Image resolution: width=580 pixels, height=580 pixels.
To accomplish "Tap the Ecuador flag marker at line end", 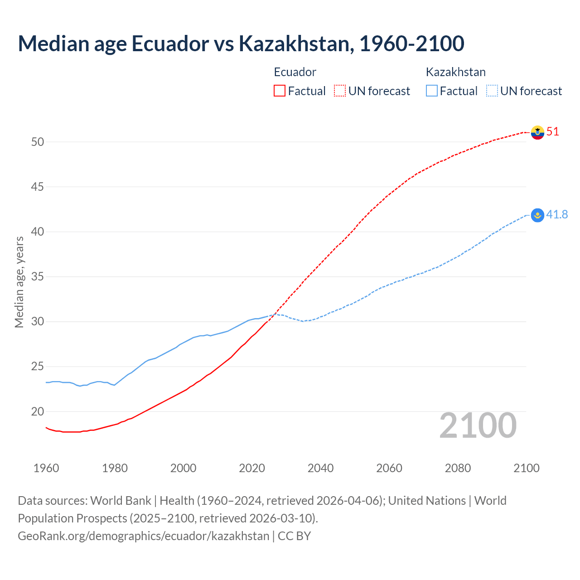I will pyautogui.click(x=537, y=132).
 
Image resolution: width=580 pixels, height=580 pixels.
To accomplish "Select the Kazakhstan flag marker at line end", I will pyautogui.click(x=537, y=215).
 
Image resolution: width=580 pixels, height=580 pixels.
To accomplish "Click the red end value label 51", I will pyautogui.click(x=553, y=132).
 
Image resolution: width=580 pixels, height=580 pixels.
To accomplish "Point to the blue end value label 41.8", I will pyautogui.click(x=557, y=214).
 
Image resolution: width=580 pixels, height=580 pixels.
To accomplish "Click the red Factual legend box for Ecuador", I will pyautogui.click(x=280, y=91).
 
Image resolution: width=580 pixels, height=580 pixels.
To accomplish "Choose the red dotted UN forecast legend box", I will pyautogui.click(x=340, y=91).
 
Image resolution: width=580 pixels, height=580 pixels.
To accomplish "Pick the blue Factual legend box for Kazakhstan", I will pyautogui.click(x=432, y=91).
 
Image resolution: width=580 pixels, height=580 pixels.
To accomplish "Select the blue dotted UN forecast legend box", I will pyautogui.click(x=492, y=91).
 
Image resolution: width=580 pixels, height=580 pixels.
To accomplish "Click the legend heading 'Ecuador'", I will pyautogui.click(x=295, y=72).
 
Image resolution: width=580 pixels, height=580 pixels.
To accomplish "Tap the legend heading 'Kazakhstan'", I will pyautogui.click(x=455, y=72).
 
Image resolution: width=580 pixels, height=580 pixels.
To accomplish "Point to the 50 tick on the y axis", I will pyautogui.click(x=38, y=142).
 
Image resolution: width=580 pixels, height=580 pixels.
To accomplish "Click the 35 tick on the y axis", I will pyautogui.click(x=38, y=277).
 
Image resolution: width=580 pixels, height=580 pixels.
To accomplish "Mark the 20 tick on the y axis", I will pyautogui.click(x=38, y=411).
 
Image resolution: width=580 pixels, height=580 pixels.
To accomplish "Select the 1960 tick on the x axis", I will pyautogui.click(x=46, y=468).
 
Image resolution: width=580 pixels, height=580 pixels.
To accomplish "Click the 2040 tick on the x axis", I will pyautogui.click(x=320, y=468).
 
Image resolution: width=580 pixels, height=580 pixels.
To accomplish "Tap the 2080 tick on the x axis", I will pyautogui.click(x=458, y=468).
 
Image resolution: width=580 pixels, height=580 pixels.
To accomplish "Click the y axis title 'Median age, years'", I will pyautogui.click(x=19, y=282).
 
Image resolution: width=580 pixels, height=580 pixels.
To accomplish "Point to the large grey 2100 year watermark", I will pyautogui.click(x=478, y=425).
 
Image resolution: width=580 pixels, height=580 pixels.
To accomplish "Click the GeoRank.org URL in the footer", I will pyautogui.click(x=143, y=536).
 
